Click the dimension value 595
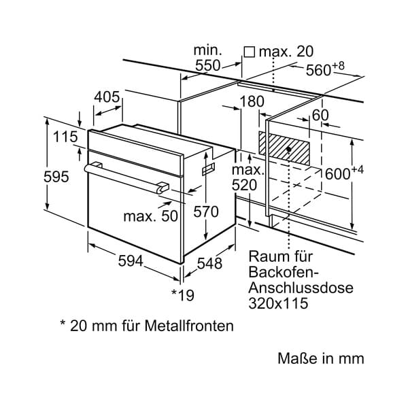56,177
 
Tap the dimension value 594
131,260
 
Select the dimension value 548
209,263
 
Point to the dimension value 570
206,211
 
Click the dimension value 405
107,97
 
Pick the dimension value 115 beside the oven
65,137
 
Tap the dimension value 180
252,101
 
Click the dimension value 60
320,116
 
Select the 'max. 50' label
151,216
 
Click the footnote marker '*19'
183,295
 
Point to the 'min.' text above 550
207,50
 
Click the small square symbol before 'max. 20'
250,52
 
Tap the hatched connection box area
284,148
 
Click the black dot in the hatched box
288,150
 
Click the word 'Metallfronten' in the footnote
189,326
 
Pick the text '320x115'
278,303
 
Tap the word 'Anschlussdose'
301,288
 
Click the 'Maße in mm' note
321,358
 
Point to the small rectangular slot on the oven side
209,169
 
